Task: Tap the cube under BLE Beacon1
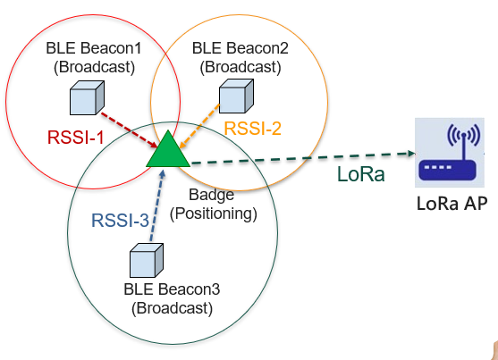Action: (x=87, y=97)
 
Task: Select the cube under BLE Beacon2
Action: (x=236, y=96)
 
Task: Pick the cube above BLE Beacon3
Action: (x=147, y=260)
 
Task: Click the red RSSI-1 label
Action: (x=76, y=138)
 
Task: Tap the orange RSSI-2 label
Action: (x=252, y=129)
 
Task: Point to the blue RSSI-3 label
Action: (x=120, y=221)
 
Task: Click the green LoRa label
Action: (x=361, y=174)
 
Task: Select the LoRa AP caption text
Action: (x=452, y=204)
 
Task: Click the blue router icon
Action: (x=450, y=153)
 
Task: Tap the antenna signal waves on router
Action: (x=464, y=135)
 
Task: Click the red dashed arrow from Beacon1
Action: (x=130, y=130)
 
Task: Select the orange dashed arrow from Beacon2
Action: (x=199, y=126)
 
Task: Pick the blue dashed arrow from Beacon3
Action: (x=156, y=205)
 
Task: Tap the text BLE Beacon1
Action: (x=94, y=48)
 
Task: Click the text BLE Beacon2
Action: (x=241, y=48)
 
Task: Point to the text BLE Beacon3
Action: (x=172, y=289)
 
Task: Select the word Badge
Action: (x=212, y=195)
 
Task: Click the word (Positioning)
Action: (x=214, y=213)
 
